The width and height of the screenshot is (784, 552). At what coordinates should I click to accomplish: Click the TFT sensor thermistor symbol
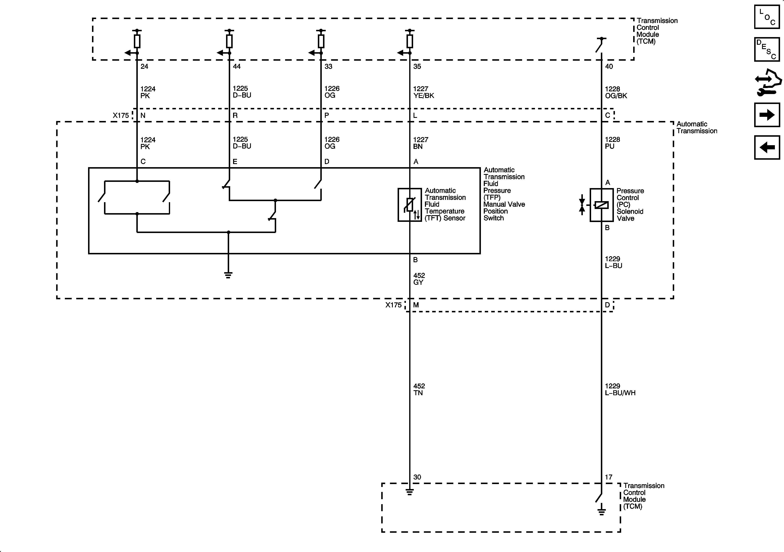click(x=410, y=205)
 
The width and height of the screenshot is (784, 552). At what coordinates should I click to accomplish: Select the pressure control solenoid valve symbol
click(x=601, y=205)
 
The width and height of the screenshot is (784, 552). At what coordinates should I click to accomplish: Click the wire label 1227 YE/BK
click(x=423, y=92)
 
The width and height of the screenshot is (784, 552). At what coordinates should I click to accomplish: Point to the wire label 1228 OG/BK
click(x=616, y=92)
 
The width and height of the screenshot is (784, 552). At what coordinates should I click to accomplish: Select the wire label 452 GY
click(x=419, y=279)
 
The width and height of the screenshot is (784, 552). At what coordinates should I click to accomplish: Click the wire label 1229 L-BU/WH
click(x=620, y=389)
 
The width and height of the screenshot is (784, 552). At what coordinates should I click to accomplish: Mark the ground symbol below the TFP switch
click(x=228, y=275)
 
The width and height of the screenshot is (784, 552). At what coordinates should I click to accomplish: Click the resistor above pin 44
click(x=229, y=41)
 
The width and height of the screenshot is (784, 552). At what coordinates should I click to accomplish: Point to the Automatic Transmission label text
click(x=697, y=127)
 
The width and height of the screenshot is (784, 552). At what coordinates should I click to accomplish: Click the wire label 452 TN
click(x=419, y=389)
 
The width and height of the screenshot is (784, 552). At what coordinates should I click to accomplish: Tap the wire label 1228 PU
click(x=612, y=143)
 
